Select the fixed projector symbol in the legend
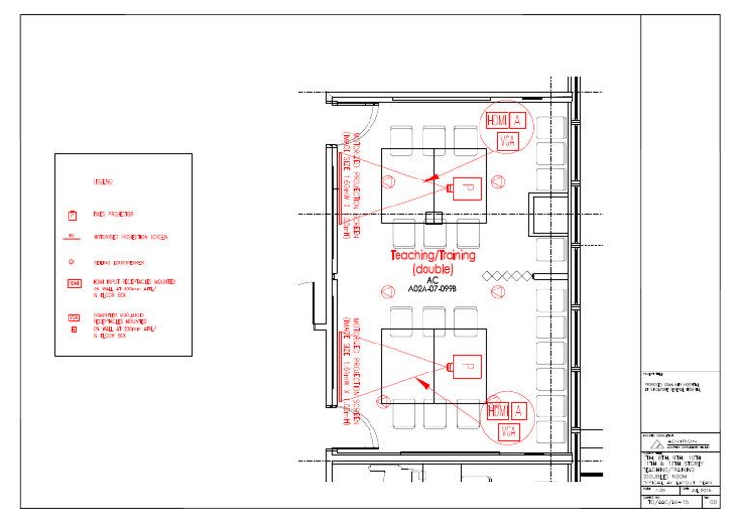(72, 215)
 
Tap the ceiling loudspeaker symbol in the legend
(72, 261)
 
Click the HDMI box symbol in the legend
(73, 283)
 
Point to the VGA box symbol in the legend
(73, 317)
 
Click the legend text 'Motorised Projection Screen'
(133, 237)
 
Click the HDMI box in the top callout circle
(496, 121)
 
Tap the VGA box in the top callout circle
(507, 141)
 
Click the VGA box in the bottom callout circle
(507, 431)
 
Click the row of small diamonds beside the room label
(507, 276)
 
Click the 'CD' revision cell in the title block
(712, 503)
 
